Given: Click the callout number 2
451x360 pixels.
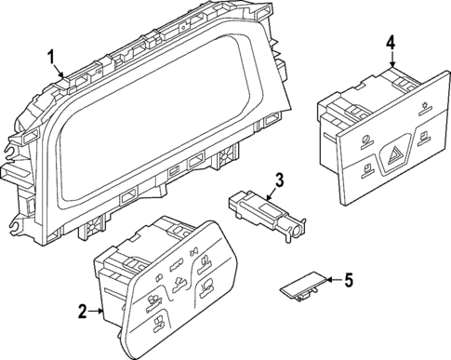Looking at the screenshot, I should point(83,310).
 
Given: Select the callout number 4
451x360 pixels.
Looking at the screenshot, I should point(391,42).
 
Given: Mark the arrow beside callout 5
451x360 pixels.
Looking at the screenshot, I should point(333,279).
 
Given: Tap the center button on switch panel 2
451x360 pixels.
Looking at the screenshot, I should point(173,299).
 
